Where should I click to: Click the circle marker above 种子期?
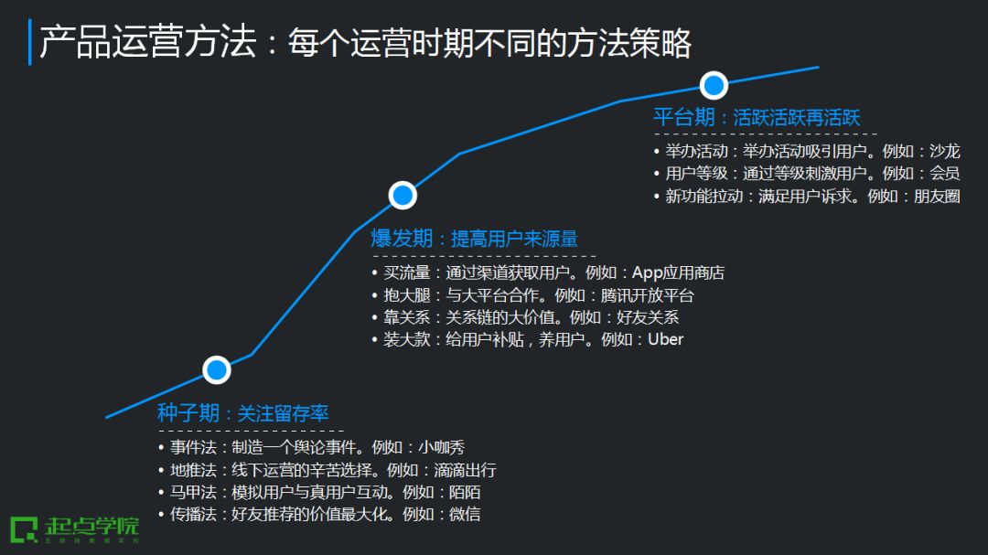coord(217,369)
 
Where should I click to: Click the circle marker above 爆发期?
coord(403,195)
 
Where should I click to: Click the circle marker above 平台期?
coord(714,86)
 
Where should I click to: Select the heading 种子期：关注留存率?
coord(242,413)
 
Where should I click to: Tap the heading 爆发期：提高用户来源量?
coord(474,240)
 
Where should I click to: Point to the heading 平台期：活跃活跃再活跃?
coord(756,118)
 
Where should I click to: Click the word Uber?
coord(665,340)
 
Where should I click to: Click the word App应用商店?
coord(678,272)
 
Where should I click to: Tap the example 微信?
coord(464,514)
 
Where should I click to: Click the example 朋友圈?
coord(937,196)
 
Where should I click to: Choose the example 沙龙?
coord(945,151)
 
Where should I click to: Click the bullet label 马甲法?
coord(193,492)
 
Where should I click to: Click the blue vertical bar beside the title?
coord(30,42)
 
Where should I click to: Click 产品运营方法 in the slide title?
coord(147,43)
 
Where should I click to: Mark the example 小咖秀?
coord(441,448)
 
